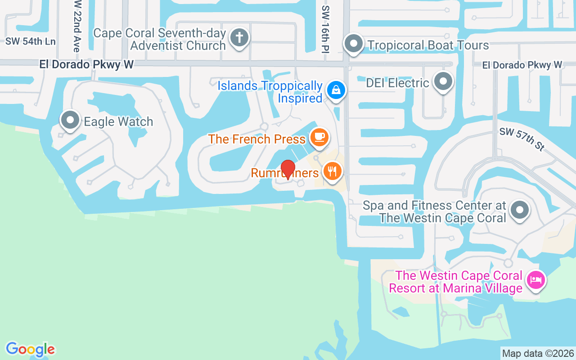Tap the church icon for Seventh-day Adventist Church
click(x=239, y=38)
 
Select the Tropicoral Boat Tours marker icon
click(x=354, y=44)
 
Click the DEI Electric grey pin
click(x=444, y=82)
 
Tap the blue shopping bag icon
click(x=336, y=90)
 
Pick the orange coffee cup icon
click(x=319, y=137)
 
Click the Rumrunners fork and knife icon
click(x=332, y=171)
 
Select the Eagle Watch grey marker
click(x=70, y=121)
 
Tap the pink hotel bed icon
click(x=535, y=280)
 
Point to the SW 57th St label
click(x=522, y=139)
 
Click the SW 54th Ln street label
click(x=31, y=41)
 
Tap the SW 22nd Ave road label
click(x=77, y=26)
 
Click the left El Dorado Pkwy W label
click(x=86, y=64)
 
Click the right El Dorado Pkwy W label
click(x=522, y=65)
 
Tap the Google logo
click(x=31, y=349)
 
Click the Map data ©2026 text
click(x=538, y=353)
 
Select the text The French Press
click(x=257, y=139)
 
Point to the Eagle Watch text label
click(x=118, y=121)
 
